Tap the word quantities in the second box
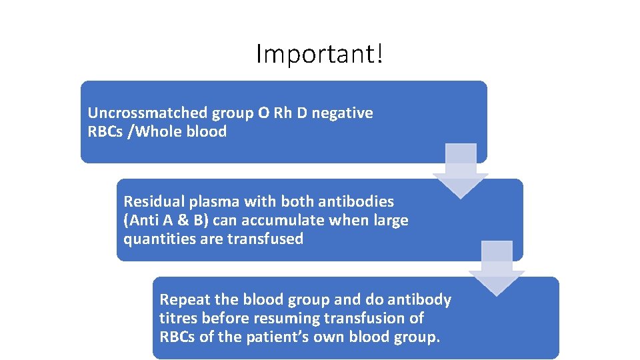point(159,239)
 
